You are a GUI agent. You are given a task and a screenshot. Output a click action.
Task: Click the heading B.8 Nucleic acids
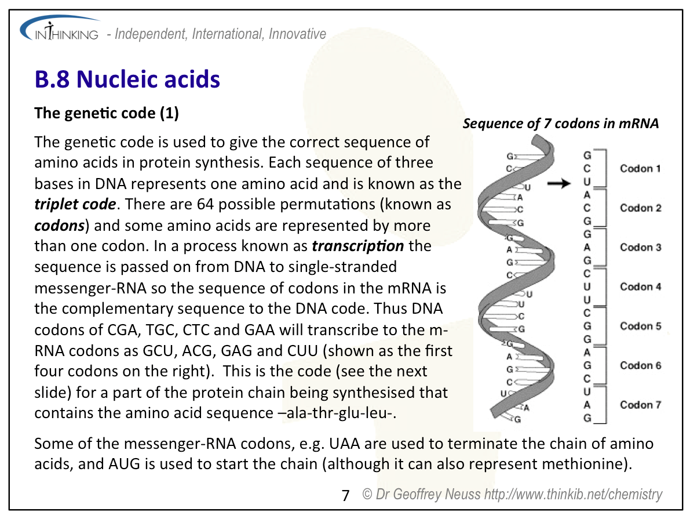(127, 79)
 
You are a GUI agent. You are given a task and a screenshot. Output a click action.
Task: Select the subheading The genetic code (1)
(107, 113)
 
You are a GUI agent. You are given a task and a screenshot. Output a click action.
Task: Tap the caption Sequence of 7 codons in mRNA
(561, 124)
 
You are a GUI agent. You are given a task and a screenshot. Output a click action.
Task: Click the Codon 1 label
(640, 169)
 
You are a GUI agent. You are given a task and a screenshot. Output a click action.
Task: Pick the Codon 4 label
(640, 286)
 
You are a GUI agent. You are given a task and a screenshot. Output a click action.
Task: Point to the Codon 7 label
(640, 405)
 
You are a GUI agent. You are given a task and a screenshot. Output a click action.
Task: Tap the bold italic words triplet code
(75, 205)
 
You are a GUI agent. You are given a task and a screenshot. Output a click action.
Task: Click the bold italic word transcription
(357, 246)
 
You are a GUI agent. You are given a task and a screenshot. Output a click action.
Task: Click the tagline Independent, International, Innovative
(220, 34)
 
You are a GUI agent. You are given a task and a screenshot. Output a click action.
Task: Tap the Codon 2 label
(640, 208)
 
